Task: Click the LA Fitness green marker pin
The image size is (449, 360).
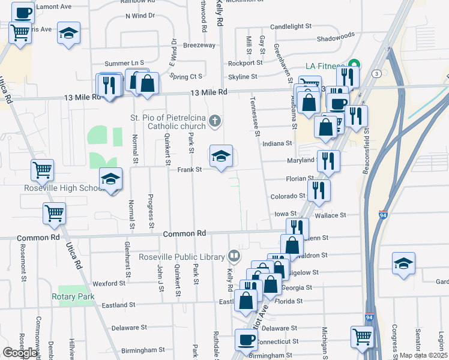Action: click(354, 65)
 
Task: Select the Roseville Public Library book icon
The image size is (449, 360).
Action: click(234, 256)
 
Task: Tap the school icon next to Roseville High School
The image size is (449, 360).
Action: click(110, 179)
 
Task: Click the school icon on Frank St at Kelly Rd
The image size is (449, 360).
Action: click(221, 157)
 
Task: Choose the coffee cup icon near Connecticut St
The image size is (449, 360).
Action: click(246, 340)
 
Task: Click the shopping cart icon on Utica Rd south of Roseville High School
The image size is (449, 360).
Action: click(54, 213)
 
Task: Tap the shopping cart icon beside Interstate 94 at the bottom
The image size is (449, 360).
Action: click(363, 337)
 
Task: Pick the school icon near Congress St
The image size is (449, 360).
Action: click(403, 263)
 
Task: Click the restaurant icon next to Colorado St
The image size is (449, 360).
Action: click(319, 190)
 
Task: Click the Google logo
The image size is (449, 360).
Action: click(20, 353)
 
